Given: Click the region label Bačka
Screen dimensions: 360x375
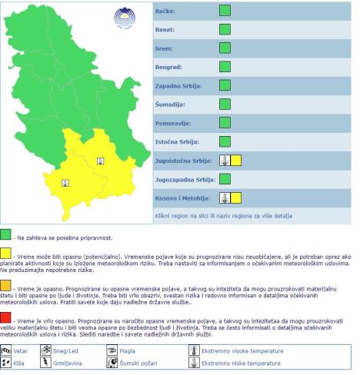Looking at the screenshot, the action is click(x=166, y=12).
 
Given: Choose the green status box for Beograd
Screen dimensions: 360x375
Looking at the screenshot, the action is click(x=225, y=67).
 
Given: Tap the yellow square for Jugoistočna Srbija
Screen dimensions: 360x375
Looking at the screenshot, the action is click(x=236, y=160).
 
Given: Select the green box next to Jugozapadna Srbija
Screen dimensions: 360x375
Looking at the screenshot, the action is click(x=225, y=179).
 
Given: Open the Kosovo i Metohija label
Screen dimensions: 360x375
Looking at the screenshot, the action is click(x=182, y=197).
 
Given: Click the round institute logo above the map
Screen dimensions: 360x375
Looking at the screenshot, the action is click(x=123, y=17).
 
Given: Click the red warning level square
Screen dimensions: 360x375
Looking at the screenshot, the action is click(x=6, y=317).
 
